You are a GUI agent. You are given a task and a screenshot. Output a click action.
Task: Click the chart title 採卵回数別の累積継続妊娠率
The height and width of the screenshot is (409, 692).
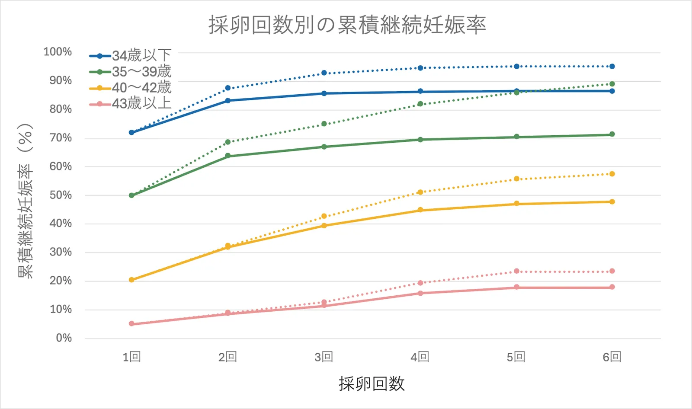click(x=347, y=25)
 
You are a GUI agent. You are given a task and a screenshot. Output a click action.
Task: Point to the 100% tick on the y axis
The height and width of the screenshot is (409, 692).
click(x=58, y=52)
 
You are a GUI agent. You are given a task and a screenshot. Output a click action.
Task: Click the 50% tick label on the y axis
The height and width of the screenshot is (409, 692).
click(x=61, y=195)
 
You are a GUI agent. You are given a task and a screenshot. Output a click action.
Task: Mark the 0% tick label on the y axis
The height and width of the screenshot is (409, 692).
click(x=64, y=338)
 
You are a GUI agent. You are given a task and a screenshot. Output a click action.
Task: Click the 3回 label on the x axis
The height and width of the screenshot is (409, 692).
click(x=324, y=357)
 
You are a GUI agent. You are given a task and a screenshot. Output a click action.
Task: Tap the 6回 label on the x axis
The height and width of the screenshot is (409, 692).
click(x=612, y=357)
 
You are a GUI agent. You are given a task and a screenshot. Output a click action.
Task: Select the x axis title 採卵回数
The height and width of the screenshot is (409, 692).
click(x=372, y=384)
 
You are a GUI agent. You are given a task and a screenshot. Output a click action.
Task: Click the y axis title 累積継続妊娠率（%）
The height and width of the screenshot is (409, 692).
click(x=25, y=201)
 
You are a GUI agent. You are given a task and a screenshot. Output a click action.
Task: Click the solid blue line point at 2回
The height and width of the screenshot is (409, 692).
click(x=228, y=101)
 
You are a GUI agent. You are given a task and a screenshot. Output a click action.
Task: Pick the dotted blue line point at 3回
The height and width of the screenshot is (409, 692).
click(x=324, y=73)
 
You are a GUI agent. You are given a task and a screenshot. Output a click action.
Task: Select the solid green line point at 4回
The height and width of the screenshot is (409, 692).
click(x=420, y=140)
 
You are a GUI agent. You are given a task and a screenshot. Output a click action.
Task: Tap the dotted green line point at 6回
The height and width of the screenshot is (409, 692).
click(x=612, y=84)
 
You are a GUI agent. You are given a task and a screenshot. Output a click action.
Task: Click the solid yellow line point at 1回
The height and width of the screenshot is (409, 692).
click(x=131, y=280)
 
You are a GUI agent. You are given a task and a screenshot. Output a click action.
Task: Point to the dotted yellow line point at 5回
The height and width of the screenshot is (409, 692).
click(x=516, y=179)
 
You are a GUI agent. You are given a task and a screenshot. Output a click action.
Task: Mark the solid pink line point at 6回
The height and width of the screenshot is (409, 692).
click(x=612, y=287)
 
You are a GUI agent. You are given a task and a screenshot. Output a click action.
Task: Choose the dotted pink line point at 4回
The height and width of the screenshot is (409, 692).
click(x=420, y=283)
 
